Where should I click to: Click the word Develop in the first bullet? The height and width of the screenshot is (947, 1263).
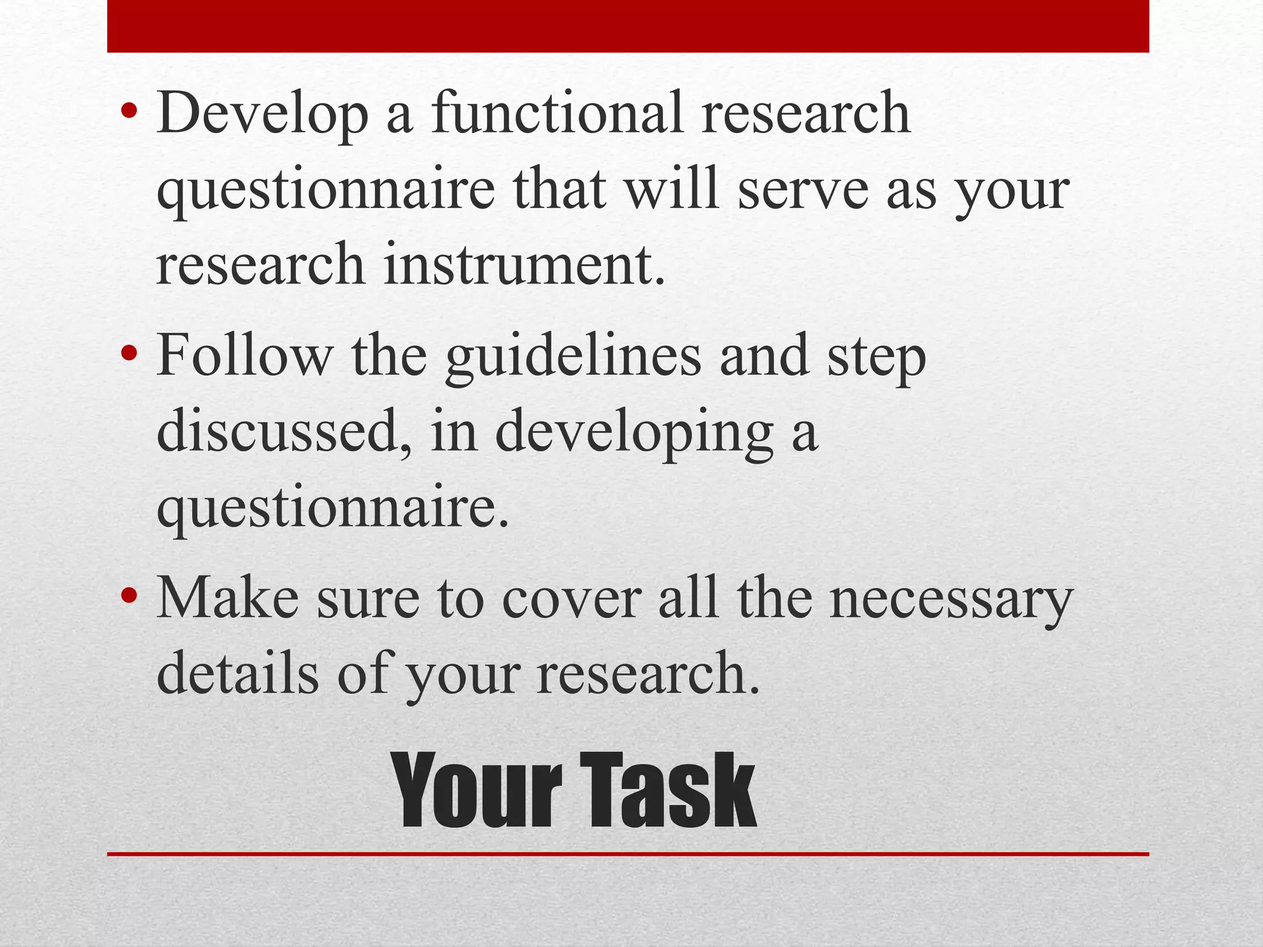pyautogui.click(x=262, y=114)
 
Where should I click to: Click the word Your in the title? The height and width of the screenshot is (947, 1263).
pyautogui.click(x=479, y=792)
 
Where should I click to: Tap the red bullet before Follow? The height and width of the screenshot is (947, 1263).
pyautogui.click(x=129, y=355)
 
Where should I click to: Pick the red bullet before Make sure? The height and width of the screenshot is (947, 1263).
pyautogui.click(x=129, y=596)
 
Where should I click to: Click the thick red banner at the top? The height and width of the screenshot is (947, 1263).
pyautogui.click(x=628, y=26)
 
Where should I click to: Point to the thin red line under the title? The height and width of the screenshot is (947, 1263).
pyautogui.click(x=628, y=855)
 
